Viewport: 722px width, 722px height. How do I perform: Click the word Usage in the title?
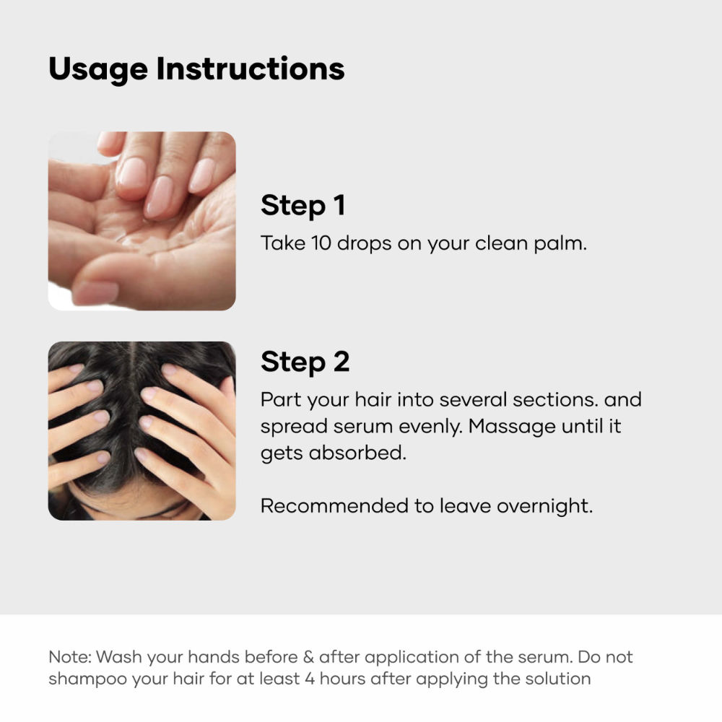[x=98, y=70]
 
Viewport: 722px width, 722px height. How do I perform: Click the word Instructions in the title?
[x=251, y=69]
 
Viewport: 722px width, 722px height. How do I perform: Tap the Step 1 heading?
[x=303, y=205]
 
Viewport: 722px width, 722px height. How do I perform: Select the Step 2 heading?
[x=305, y=362]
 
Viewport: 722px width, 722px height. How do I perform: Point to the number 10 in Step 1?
[x=321, y=243]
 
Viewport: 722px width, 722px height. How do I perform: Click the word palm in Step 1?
[x=560, y=244]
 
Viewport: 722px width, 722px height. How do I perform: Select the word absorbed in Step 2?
[x=357, y=453]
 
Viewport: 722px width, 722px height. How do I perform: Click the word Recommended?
[x=334, y=506]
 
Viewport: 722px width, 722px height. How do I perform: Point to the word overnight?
[x=544, y=507]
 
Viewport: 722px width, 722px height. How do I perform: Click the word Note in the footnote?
[x=70, y=657]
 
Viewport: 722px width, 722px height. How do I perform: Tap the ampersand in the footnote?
[x=308, y=657]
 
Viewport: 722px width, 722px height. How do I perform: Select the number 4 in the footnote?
[x=310, y=679]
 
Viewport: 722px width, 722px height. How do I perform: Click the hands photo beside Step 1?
[x=142, y=221]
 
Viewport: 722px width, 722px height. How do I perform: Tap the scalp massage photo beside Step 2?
[x=142, y=431]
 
